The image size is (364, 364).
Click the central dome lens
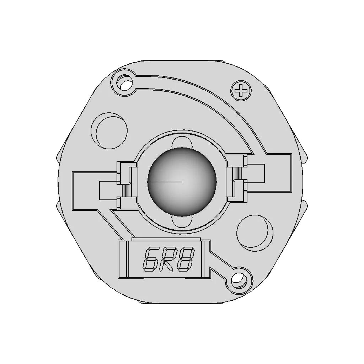pyautogui.click(x=182, y=182)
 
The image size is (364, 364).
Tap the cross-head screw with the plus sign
pyautogui.click(x=241, y=91)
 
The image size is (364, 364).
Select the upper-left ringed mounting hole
pyautogui.click(x=124, y=83)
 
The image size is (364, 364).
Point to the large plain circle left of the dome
pyautogui.click(x=109, y=130)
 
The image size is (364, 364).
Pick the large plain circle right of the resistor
pyautogui.click(x=255, y=232)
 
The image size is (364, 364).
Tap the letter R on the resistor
pyautogui.click(x=168, y=259)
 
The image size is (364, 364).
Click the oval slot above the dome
pyautogui.click(x=182, y=142)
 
